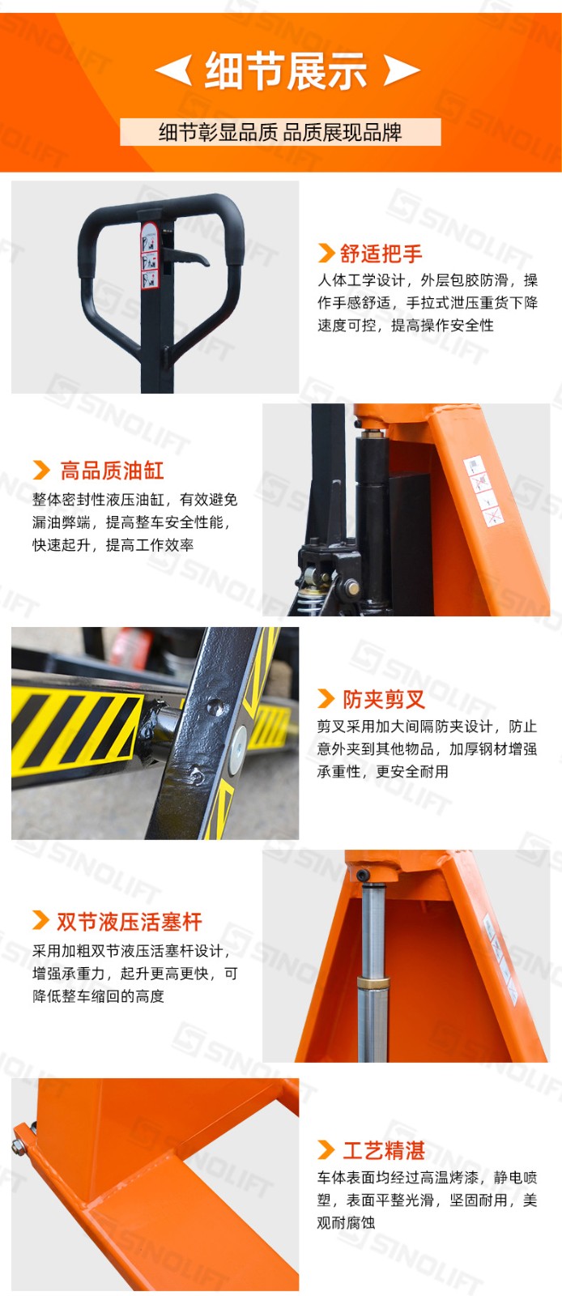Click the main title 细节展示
(x=286, y=70)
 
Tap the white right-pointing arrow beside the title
(x=402, y=70)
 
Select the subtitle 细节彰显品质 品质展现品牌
(x=280, y=133)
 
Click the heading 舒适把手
(x=381, y=254)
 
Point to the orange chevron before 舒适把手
(x=326, y=253)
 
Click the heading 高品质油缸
(x=113, y=471)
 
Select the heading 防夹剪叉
(x=384, y=699)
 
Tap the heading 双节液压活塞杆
(x=129, y=922)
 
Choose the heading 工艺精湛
(x=384, y=1150)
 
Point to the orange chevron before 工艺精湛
(x=326, y=1149)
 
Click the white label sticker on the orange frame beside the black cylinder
(x=483, y=491)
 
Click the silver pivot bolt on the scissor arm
(x=237, y=748)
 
